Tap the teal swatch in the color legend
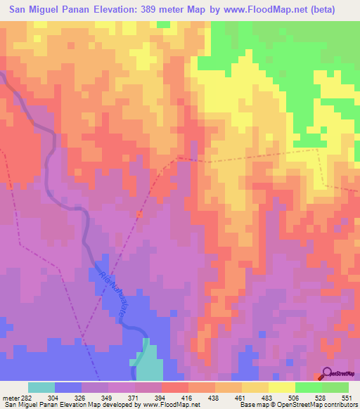tap(41, 387)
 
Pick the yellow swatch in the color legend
tap(282, 387)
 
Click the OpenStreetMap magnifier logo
tap(328, 373)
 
